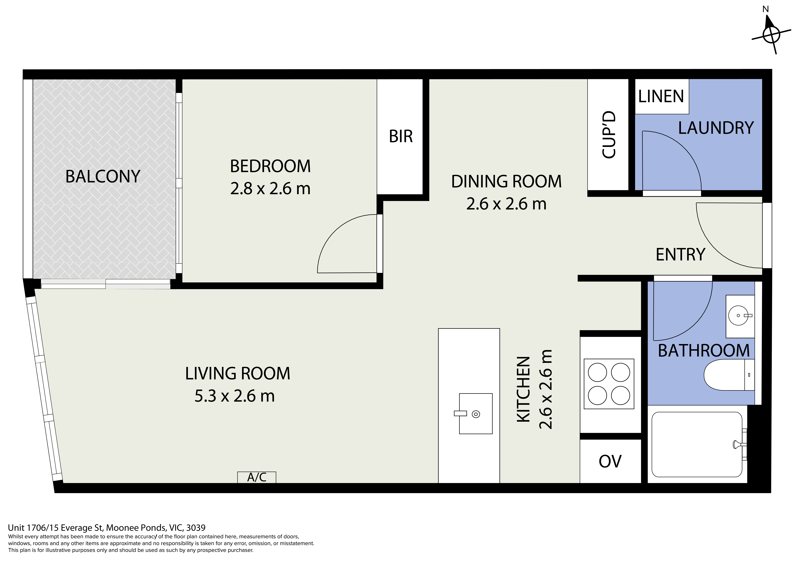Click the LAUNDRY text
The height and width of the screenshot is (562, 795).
click(716, 128)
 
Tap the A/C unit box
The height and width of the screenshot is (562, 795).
click(257, 477)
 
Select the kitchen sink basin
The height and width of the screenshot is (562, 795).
click(475, 413)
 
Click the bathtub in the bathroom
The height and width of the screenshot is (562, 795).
click(697, 444)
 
